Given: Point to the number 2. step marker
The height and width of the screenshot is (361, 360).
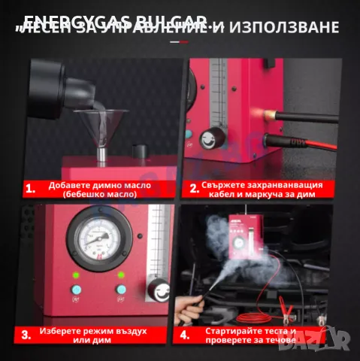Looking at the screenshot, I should coord(193,189).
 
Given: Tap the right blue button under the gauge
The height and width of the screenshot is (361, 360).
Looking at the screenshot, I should coord(119,289).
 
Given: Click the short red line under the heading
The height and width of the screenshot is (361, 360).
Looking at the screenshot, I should coord(180,43).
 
